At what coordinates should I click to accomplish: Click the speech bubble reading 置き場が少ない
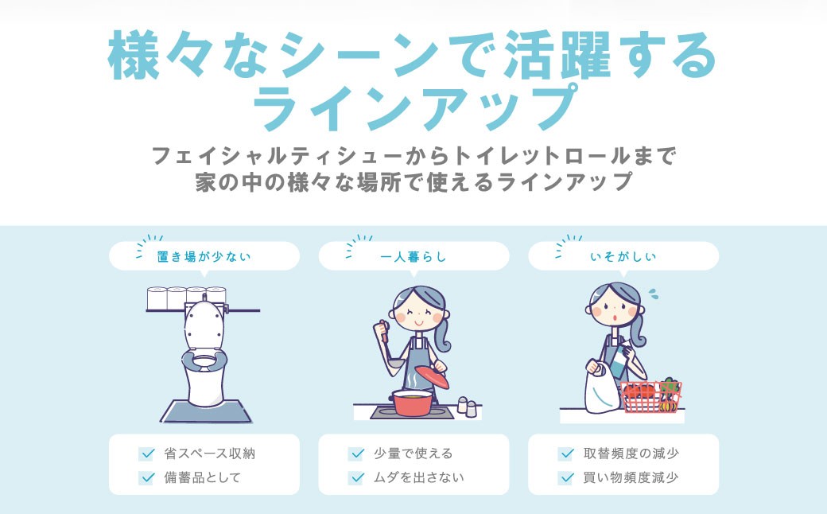point(204,256)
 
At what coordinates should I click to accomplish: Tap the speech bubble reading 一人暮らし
point(413,256)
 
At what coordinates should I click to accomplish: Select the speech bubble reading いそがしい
point(623,256)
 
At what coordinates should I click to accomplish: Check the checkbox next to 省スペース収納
point(146,454)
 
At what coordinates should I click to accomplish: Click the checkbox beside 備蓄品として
point(146,477)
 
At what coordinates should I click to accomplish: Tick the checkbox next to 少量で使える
point(356,454)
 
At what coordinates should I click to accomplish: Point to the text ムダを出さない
point(418,477)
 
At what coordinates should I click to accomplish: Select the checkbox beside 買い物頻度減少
point(566,477)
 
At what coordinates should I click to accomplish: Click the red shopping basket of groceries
point(650,395)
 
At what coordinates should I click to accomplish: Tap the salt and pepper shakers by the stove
point(467,405)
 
